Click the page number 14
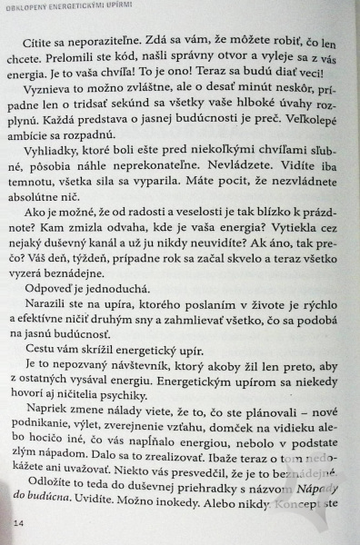pyautogui.click(x=19, y=523)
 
